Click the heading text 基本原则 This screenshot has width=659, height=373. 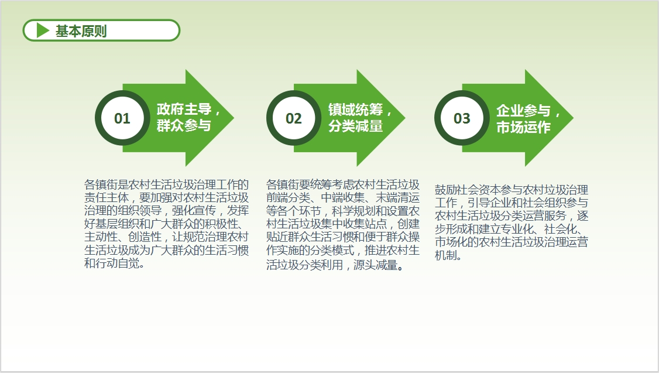click(81, 30)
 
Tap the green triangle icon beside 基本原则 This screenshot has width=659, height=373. click(43, 30)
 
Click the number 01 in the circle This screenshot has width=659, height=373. click(122, 119)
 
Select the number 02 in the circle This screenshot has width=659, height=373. click(294, 119)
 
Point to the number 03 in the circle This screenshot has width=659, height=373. click(462, 119)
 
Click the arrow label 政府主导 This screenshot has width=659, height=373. click(184, 109)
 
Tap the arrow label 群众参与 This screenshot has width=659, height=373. click(184, 125)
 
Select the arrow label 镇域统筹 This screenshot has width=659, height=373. click(356, 109)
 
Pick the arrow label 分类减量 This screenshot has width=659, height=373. click(356, 126)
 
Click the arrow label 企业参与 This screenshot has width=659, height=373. click(523, 111)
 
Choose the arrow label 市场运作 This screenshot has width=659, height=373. click(523, 127)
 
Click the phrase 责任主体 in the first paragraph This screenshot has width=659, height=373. click(106, 198)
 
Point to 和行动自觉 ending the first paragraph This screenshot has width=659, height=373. click(112, 264)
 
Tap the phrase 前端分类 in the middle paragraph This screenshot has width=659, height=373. click(289, 198)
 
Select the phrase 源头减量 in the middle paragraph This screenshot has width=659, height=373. click(375, 265)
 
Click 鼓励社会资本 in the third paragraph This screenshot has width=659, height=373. click(468, 190)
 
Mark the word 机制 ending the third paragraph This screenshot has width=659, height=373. click(445, 255)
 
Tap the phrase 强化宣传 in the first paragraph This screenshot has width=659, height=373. click(194, 211)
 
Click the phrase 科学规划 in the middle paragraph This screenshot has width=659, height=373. click(354, 211)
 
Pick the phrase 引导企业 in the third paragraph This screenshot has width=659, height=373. click(490, 203)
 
